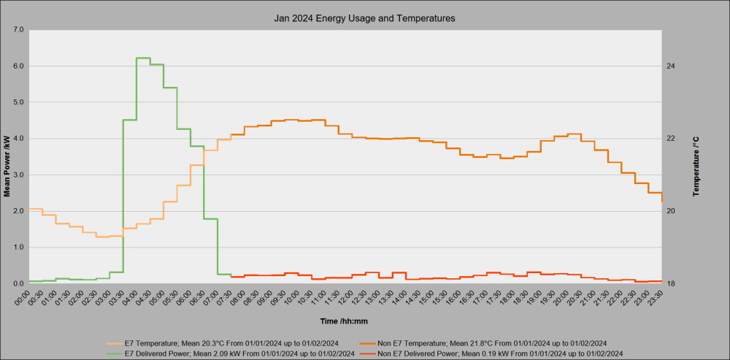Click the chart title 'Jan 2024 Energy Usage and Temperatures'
(x=364, y=19)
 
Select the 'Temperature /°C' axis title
(x=696, y=166)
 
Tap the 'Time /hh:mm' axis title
(x=345, y=321)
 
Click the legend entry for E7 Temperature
(x=223, y=344)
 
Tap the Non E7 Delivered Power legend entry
(x=491, y=354)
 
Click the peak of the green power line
(x=143, y=58)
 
